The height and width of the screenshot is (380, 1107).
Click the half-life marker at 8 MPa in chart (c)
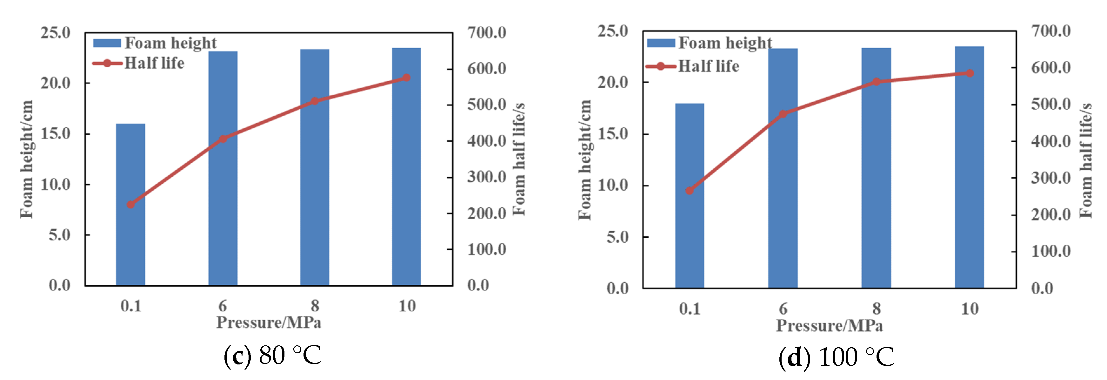pos(315,101)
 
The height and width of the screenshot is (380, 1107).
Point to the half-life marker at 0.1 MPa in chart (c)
pos(131,205)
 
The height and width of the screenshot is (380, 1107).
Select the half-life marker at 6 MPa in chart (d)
pos(783,114)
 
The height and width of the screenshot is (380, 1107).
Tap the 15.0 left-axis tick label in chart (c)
pos(56,134)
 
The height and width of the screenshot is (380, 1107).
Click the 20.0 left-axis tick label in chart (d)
pos(613,82)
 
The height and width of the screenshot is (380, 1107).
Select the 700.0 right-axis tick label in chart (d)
pos(1051,31)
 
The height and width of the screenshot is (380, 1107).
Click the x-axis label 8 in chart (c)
pos(315,306)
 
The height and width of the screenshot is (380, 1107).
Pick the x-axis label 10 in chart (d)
pos(970,309)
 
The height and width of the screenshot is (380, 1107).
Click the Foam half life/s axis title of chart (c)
pos(519,159)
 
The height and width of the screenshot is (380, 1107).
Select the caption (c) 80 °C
pos(272,356)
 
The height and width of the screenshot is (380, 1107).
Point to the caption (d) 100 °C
pos(836,357)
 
